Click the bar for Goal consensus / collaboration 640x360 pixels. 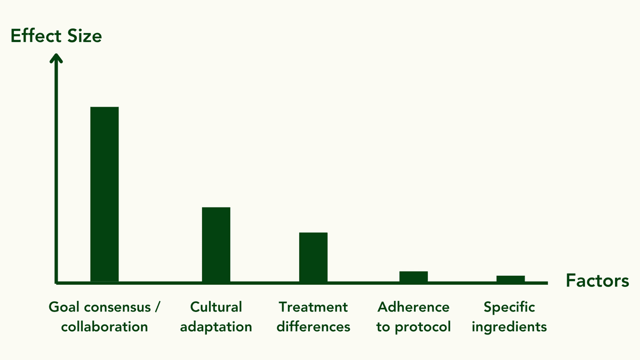coord(105,194)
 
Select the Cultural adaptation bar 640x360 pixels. coord(216,244)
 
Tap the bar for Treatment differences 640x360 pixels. coord(313,257)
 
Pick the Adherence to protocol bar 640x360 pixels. coord(413,276)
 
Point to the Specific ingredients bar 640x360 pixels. coord(510,278)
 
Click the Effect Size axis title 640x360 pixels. coord(56,36)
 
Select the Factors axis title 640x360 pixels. coord(597,281)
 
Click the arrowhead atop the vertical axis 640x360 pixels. coord(56,58)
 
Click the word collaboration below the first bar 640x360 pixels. coord(105,326)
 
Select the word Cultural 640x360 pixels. coord(216,307)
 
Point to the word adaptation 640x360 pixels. coord(216,326)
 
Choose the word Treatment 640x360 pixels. coord(313,307)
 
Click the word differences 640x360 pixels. coord(313,326)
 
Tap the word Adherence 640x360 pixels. coord(413,307)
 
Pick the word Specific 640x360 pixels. coord(509,308)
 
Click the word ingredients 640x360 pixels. coord(509,327)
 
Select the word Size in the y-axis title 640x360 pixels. coord(84,36)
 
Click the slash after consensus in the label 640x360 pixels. coord(158,308)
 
